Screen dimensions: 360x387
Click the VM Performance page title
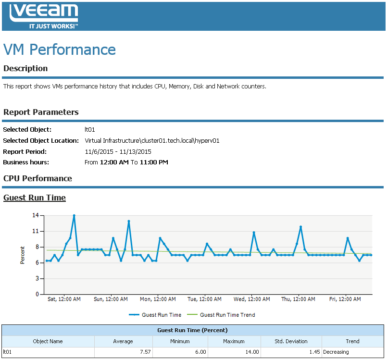tap(60, 50)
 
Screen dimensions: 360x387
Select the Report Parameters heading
tap(41, 112)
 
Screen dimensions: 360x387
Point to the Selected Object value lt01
tap(89, 130)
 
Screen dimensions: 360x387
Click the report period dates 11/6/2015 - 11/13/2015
tap(118, 151)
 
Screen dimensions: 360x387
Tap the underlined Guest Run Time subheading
tap(35, 198)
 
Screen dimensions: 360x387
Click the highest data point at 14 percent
tap(74, 216)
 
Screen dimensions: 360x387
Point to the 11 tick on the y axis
tap(35, 231)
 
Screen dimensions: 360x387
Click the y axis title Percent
tap(23, 255)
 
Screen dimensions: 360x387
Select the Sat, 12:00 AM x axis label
tap(64, 299)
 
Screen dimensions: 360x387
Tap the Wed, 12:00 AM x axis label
tap(251, 299)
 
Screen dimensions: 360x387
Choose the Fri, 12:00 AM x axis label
tap(345, 299)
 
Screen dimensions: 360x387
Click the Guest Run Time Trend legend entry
tap(227, 315)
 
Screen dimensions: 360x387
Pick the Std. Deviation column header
tap(291, 341)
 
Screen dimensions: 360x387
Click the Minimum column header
tap(180, 341)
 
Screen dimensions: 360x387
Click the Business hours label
tap(26, 162)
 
